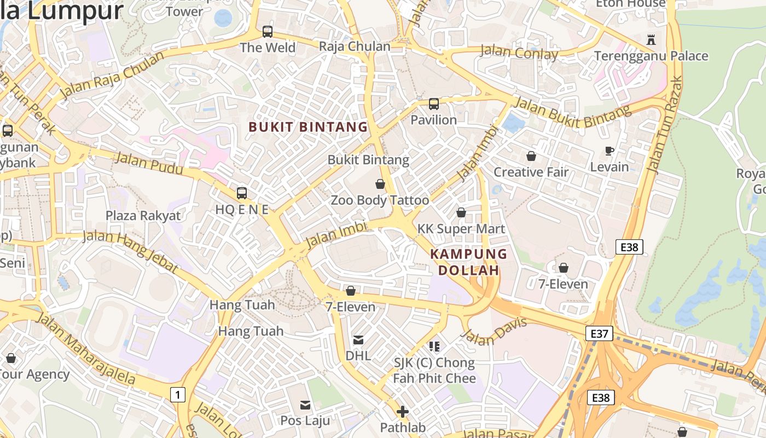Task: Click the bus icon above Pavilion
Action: coord(434,103)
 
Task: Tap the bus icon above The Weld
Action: coord(268,31)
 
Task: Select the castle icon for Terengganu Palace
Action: coord(651,39)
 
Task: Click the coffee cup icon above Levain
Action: coord(610,151)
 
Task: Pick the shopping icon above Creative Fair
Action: coord(531,156)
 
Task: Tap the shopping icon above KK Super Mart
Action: coord(461,212)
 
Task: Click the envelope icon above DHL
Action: coord(358,340)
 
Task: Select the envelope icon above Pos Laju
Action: coord(305,405)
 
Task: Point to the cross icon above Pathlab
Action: coord(403,412)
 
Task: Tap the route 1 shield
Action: coord(177,394)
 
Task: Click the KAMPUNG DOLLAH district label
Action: coord(468,262)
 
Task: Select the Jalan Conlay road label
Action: coord(519,53)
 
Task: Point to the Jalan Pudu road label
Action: coord(149,164)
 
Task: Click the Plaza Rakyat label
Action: coord(143,215)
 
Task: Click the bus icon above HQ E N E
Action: coord(242,193)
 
